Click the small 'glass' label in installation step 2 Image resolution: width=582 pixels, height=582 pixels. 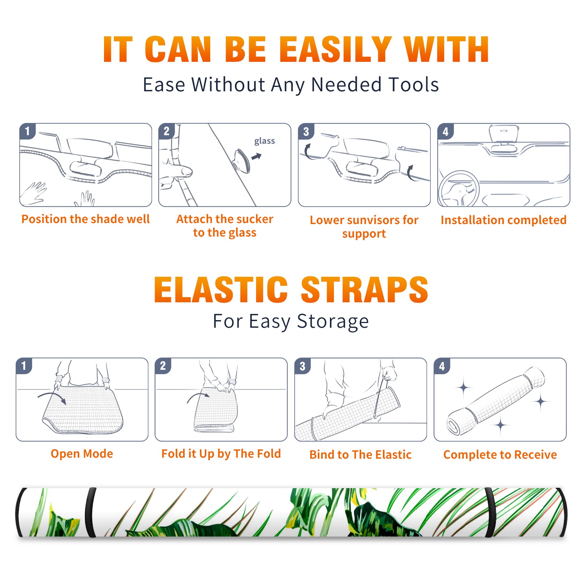point(264,141)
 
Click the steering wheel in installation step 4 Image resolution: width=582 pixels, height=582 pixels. point(459,189)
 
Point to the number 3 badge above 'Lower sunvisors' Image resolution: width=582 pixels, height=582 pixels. point(306,131)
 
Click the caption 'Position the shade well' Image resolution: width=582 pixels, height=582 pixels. point(85,219)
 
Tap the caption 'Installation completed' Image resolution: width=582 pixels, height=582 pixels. point(503,220)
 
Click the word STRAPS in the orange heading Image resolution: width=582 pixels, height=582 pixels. point(364,290)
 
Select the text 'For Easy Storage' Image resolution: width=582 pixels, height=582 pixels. point(291,322)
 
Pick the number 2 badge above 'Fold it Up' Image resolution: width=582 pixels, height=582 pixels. point(163,366)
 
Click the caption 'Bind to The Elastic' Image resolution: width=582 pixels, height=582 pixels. point(360,454)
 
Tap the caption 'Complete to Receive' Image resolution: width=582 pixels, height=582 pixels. point(500,454)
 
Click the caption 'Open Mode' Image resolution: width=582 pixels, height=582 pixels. point(82,454)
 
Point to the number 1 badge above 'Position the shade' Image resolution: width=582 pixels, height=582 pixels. point(27,131)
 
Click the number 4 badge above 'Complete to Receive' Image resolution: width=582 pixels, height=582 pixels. point(442,366)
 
